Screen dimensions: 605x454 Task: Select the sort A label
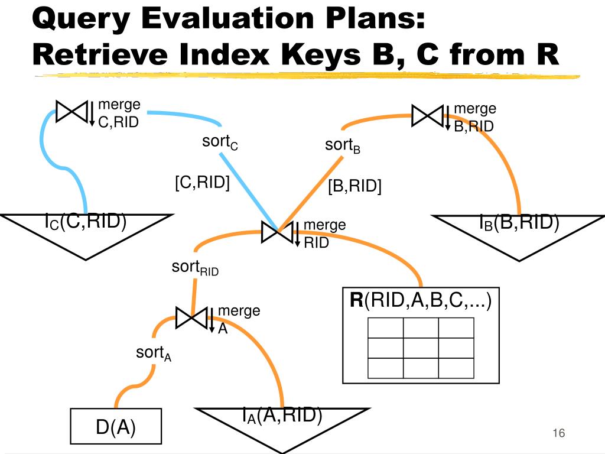click(153, 354)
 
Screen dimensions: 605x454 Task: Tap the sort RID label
click(195, 268)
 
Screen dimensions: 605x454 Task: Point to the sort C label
click(220, 144)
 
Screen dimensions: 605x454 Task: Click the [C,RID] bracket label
click(202, 183)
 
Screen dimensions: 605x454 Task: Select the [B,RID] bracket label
click(354, 187)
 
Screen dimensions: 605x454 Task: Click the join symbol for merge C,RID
click(71, 111)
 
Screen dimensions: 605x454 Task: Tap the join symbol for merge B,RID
click(427, 115)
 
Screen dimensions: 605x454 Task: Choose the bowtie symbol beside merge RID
click(277, 232)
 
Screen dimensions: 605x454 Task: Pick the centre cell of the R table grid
click(421, 348)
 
